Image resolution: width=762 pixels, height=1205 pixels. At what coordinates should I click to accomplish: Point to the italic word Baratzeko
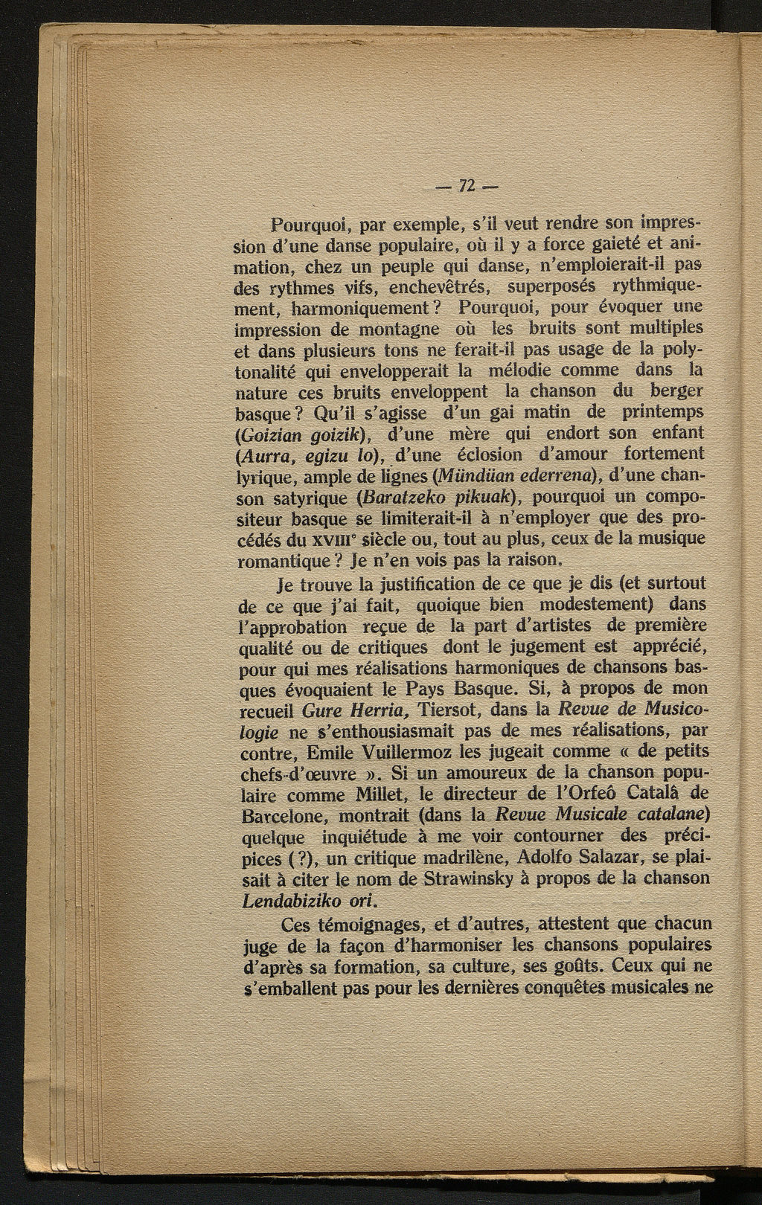(x=404, y=496)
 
